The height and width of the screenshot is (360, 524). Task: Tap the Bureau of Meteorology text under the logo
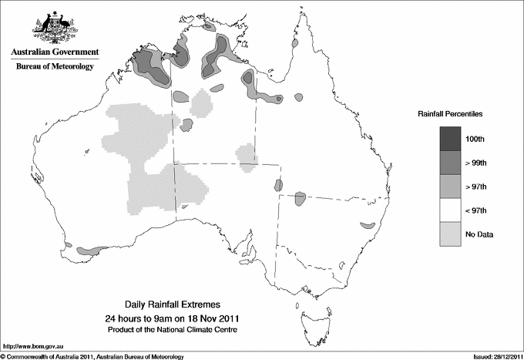click(55, 67)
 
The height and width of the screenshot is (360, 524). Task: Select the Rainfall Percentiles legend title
click(450, 114)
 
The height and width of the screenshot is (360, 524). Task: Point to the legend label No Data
click(490, 234)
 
